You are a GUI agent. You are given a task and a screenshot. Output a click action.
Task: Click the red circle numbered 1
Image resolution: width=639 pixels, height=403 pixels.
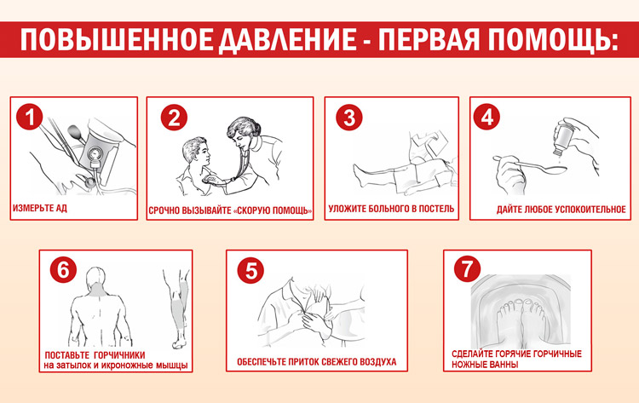coord(29,117)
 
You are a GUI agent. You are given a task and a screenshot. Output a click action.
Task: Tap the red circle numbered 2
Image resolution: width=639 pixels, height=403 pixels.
coord(174,118)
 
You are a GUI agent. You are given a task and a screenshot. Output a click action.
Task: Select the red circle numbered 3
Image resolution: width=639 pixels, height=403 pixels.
coord(349,118)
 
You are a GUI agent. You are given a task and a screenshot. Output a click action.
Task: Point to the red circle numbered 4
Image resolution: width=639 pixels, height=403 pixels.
coord(486,117)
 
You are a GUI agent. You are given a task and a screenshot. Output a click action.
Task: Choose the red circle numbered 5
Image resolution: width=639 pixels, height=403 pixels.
coord(250,270)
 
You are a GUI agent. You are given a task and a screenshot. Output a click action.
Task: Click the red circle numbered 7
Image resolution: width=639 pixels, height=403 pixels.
coord(468,268)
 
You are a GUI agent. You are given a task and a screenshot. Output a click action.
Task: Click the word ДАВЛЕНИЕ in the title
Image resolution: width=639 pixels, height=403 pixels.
coord(288,40)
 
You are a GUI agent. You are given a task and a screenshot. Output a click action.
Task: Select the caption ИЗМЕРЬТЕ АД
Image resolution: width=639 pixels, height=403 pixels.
coord(40,208)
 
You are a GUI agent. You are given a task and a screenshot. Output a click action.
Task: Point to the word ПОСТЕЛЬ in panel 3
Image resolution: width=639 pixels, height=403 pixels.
coord(436,209)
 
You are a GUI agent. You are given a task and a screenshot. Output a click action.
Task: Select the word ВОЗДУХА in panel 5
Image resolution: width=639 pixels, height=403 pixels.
coord(377,362)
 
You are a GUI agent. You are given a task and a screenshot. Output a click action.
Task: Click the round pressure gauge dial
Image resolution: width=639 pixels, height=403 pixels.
coord(95,154)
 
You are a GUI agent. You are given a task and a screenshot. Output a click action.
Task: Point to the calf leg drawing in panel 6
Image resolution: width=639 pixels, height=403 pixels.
coord(178,308)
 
